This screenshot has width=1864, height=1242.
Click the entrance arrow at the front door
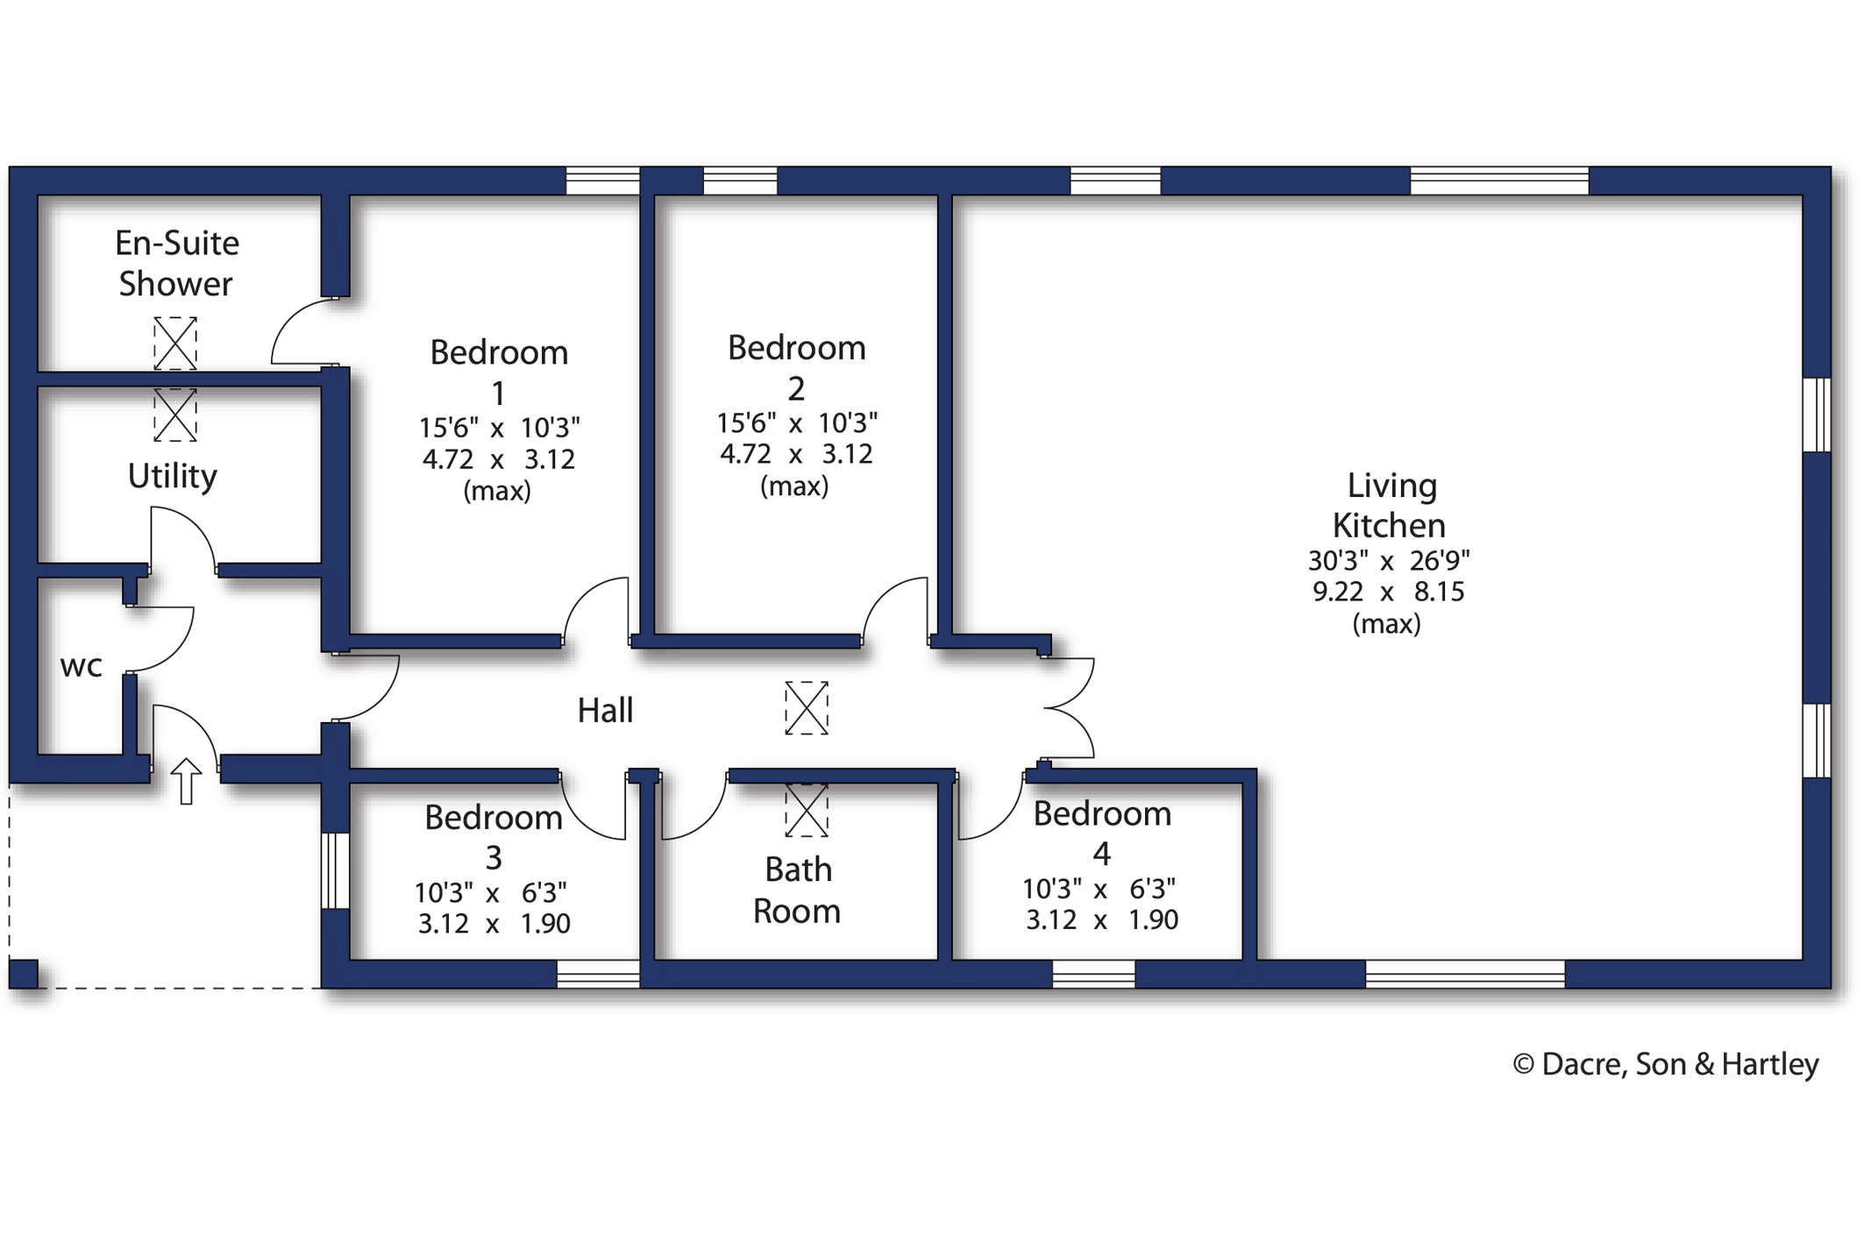186,781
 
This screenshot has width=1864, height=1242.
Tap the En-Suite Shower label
177,263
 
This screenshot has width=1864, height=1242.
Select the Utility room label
173,476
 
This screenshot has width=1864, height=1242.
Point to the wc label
82,666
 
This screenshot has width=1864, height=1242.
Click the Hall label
605,710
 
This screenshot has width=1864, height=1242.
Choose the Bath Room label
797,891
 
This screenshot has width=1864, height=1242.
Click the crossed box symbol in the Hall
807,708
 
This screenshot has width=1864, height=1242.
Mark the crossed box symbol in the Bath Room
807,811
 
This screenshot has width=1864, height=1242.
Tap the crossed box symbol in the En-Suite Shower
175,343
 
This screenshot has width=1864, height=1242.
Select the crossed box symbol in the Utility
175,415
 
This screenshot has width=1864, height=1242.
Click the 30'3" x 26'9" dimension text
1389,560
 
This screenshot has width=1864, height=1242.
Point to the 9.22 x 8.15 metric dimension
1389,592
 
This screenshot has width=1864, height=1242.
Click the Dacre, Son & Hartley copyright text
1666,1064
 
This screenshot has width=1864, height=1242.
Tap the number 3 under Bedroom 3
494,857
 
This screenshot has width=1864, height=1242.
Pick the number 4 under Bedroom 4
1102,854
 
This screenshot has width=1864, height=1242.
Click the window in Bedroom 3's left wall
335,870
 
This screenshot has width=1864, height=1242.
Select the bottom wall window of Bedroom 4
1093,974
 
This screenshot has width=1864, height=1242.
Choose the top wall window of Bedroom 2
740,181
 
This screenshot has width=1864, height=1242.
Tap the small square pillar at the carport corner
24,974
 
